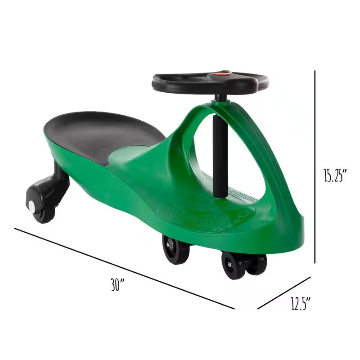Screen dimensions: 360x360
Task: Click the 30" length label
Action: point(117,285)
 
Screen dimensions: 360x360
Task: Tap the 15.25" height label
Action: point(336,175)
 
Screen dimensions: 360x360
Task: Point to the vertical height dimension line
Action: point(315,166)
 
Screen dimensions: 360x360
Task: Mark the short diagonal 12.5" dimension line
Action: point(284,293)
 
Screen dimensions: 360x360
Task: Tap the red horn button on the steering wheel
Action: point(221,73)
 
